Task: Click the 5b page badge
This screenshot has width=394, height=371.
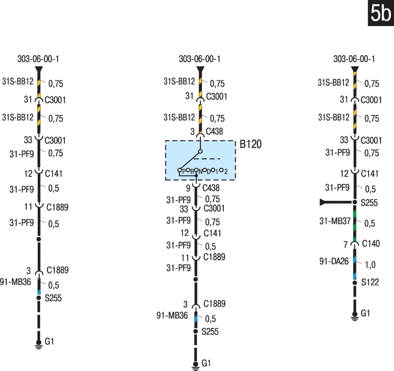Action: pyautogui.click(x=381, y=13)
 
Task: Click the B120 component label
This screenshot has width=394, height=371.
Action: pyautogui.click(x=251, y=144)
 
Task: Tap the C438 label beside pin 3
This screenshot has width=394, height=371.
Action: pyautogui.click(x=214, y=131)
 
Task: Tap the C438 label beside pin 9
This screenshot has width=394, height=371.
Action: pyautogui.click(x=211, y=188)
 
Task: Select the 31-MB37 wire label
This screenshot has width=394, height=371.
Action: pyautogui.click(x=335, y=221)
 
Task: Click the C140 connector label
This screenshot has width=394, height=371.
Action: pyautogui.click(x=371, y=244)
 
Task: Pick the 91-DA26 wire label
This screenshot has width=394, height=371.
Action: pyautogui.click(x=334, y=261)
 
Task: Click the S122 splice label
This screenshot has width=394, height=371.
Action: pyautogui.click(x=370, y=282)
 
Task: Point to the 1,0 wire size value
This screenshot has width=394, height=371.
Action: pyautogui.click(x=370, y=265)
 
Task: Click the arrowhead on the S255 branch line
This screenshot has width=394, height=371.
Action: pyautogui.click(x=322, y=202)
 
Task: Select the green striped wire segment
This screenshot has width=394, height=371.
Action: pyautogui.click(x=355, y=226)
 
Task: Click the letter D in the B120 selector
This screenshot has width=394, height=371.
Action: pyautogui.click(x=209, y=172)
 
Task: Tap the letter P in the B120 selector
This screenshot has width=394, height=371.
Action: pyautogui.click(x=184, y=172)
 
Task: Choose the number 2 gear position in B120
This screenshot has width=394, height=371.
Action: pyautogui.click(x=226, y=172)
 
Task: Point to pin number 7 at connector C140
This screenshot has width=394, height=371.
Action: pyautogui.click(x=346, y=245)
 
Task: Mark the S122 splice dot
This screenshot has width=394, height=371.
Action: pyautogui.click(x=355, y=283)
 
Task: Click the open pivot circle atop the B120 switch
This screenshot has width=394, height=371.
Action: pyautogui.click(x=200, y=151)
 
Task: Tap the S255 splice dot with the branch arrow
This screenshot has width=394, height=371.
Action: pyautogui.click(x=355, y=202)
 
